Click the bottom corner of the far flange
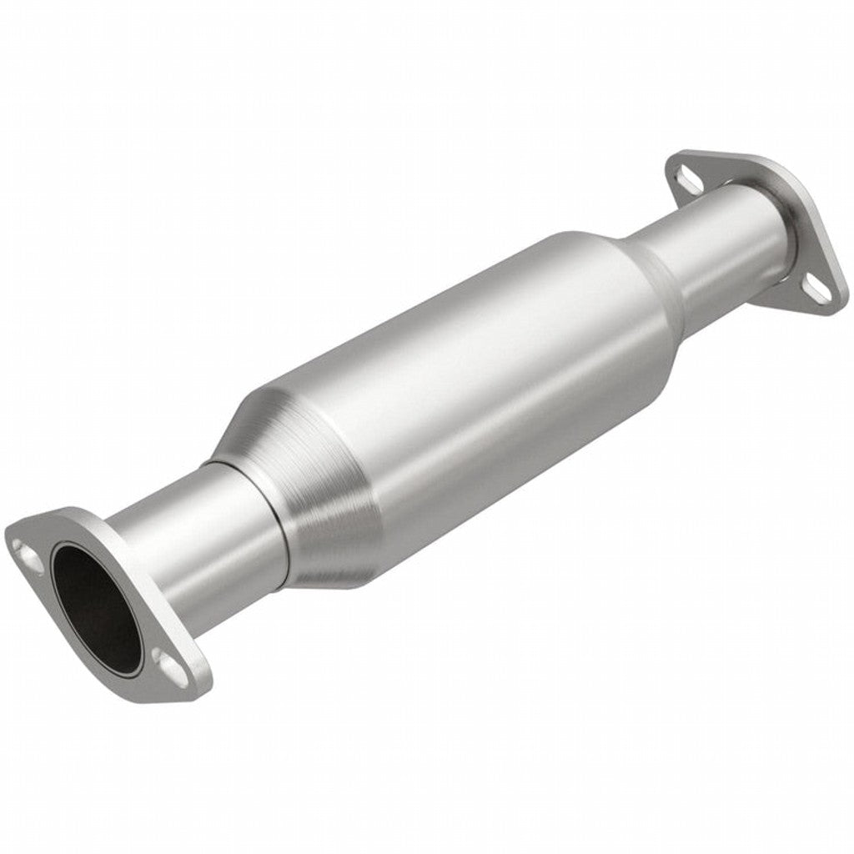click(x=834, y=309)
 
